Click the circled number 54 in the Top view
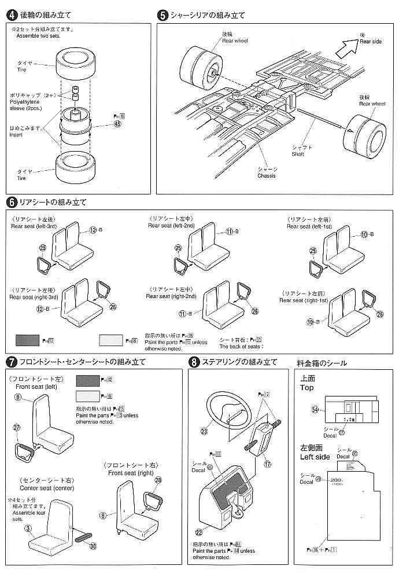coord(315,410)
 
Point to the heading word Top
coord(306,388)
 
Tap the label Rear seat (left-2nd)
coord(172,226)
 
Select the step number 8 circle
coord(194,362)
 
